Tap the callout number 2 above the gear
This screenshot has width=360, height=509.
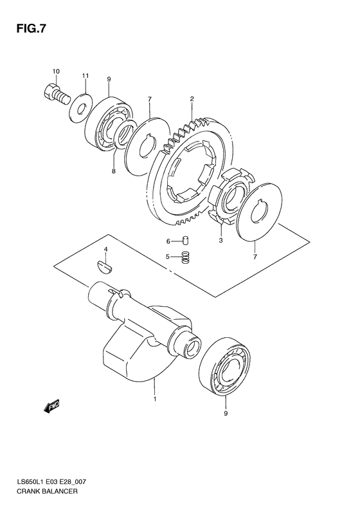click(x=192, y=98)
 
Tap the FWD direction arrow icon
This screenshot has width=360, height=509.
click(x=51, y=405)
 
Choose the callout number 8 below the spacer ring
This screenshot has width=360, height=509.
click(x=113, y=171)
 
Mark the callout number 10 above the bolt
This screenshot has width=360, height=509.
click(x=56, y=71)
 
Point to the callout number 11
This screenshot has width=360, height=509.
click(x=84, y=78)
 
